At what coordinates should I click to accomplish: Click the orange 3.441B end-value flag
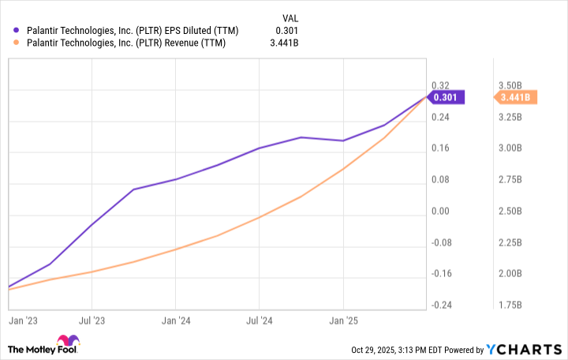[x=516, y=97]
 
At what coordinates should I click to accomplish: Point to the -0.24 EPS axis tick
[x=442, y=306]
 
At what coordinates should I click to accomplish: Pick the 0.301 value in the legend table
[x=288, y=31]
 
